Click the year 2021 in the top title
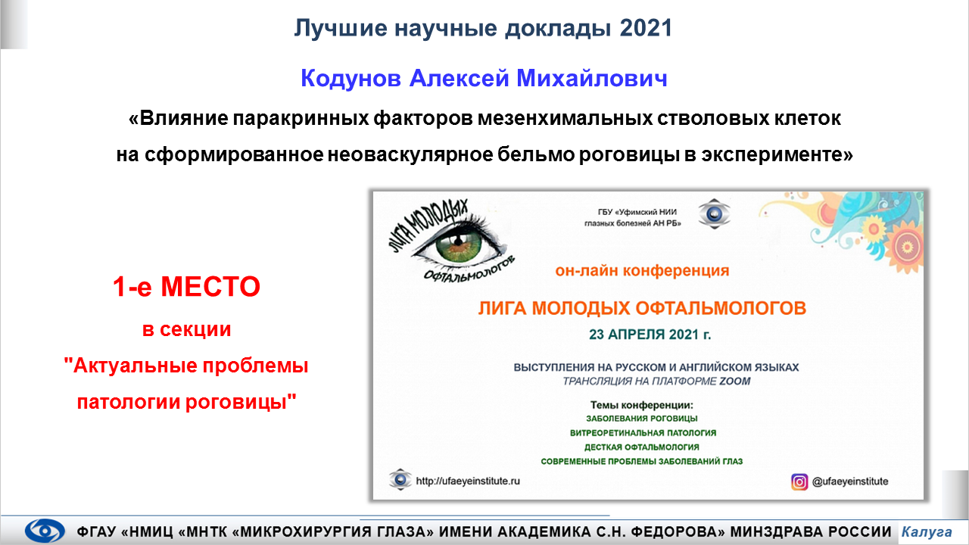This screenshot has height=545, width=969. click(646, 28)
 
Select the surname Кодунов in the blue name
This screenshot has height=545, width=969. click(351, 79)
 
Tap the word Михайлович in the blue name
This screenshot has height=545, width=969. click(592, 78)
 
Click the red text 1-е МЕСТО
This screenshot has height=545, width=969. click(186, 286)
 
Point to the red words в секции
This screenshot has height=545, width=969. click(186, 329)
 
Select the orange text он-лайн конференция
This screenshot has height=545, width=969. click(642, 271)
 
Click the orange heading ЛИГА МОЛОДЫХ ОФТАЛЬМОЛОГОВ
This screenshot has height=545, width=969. click(642, 308)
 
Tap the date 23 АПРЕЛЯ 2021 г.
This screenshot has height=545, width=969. click(650, 335)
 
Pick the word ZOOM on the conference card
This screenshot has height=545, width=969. click(734, 381)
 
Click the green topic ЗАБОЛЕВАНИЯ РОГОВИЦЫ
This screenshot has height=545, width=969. click(641, 419)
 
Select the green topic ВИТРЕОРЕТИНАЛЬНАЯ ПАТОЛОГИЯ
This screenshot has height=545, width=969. click(643, 433)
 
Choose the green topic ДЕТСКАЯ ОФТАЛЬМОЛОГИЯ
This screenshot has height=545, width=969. click(641, 447)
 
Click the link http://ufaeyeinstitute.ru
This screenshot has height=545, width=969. click(468, 481)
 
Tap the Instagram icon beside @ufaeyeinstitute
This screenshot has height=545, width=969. click(799, 481)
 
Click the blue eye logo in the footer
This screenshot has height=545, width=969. click(45, 531)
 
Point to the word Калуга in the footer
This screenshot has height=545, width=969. click(927, 531)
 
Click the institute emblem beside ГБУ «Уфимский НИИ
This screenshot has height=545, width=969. click(714, 213)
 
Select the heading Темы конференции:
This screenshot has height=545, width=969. click(641, 405)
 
